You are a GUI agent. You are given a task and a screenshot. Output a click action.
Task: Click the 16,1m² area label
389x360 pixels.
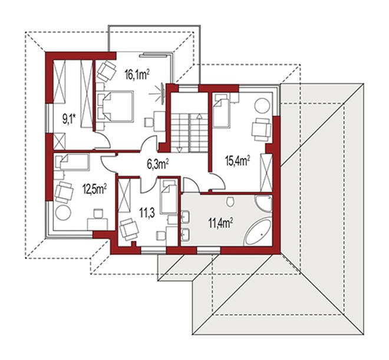pos(137,74)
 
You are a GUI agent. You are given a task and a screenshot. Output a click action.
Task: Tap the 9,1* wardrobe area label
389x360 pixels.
pos(69,120)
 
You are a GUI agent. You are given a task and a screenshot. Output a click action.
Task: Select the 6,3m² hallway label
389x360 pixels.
pos(158,164)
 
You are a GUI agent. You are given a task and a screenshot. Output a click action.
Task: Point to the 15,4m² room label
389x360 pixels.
pos(237,161)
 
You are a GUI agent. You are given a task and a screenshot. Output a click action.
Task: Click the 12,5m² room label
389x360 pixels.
pos(94,190)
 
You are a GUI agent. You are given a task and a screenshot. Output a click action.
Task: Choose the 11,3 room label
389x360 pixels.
pos(147,213)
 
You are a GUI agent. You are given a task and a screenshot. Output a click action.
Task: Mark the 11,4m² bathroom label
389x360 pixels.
pos(220,223)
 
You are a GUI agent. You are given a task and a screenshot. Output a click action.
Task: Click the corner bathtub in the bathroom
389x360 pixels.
pos(259,232)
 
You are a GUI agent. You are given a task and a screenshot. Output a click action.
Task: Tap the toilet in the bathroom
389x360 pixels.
pos(230,201)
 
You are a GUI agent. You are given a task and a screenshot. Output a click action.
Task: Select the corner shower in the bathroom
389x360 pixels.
pos(263,203)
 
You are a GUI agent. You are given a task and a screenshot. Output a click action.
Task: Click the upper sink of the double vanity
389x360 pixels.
pos(185,216)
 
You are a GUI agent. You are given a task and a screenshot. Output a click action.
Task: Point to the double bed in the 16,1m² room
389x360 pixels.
pos(116,107)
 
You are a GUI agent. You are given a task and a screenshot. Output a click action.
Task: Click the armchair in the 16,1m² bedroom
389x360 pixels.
pos(107,71)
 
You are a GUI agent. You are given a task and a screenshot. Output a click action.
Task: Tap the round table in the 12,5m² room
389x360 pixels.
pos(63,213)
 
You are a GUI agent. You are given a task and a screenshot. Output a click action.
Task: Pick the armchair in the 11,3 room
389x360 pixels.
pos(128,229)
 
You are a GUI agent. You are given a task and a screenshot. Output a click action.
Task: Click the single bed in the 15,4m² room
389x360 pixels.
pos(221,111)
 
